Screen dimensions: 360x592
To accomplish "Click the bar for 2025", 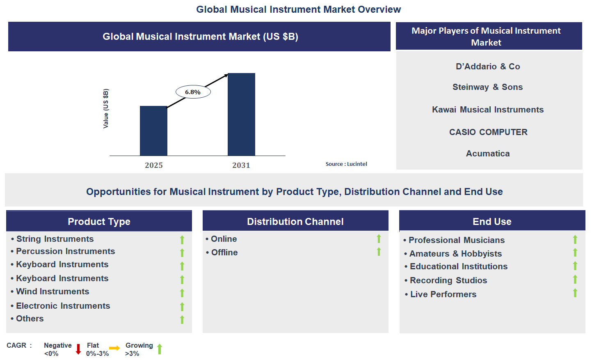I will [153, 131].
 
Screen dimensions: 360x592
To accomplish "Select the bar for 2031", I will [241, 114].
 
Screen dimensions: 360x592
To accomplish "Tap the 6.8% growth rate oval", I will [193, 92].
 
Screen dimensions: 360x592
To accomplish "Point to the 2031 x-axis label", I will [241, 165].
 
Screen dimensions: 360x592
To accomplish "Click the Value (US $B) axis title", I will [106, 108].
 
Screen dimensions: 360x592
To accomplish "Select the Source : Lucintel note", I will [346, 164].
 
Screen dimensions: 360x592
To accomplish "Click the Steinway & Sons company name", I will [487, 87].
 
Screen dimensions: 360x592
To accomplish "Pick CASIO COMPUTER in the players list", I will [488, 132].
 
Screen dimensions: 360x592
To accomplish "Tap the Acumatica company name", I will [488, 154].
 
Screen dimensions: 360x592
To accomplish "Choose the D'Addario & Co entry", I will [488, 66].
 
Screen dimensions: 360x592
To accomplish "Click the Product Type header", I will [99, 222].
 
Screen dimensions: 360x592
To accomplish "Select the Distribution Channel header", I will [295, 222].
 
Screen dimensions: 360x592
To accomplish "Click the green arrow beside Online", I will [379, 238].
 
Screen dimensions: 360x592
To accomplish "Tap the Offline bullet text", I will [224, 252].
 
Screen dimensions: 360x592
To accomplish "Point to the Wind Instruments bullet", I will [53, 291].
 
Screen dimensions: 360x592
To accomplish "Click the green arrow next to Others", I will [182, 319].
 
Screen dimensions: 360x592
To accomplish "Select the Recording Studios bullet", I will [448, 280].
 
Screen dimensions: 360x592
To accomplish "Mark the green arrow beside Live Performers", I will [575, 293].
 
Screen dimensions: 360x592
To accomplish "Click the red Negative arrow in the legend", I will [78, 349].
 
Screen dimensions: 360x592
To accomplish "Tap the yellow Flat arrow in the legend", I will [114, 348].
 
